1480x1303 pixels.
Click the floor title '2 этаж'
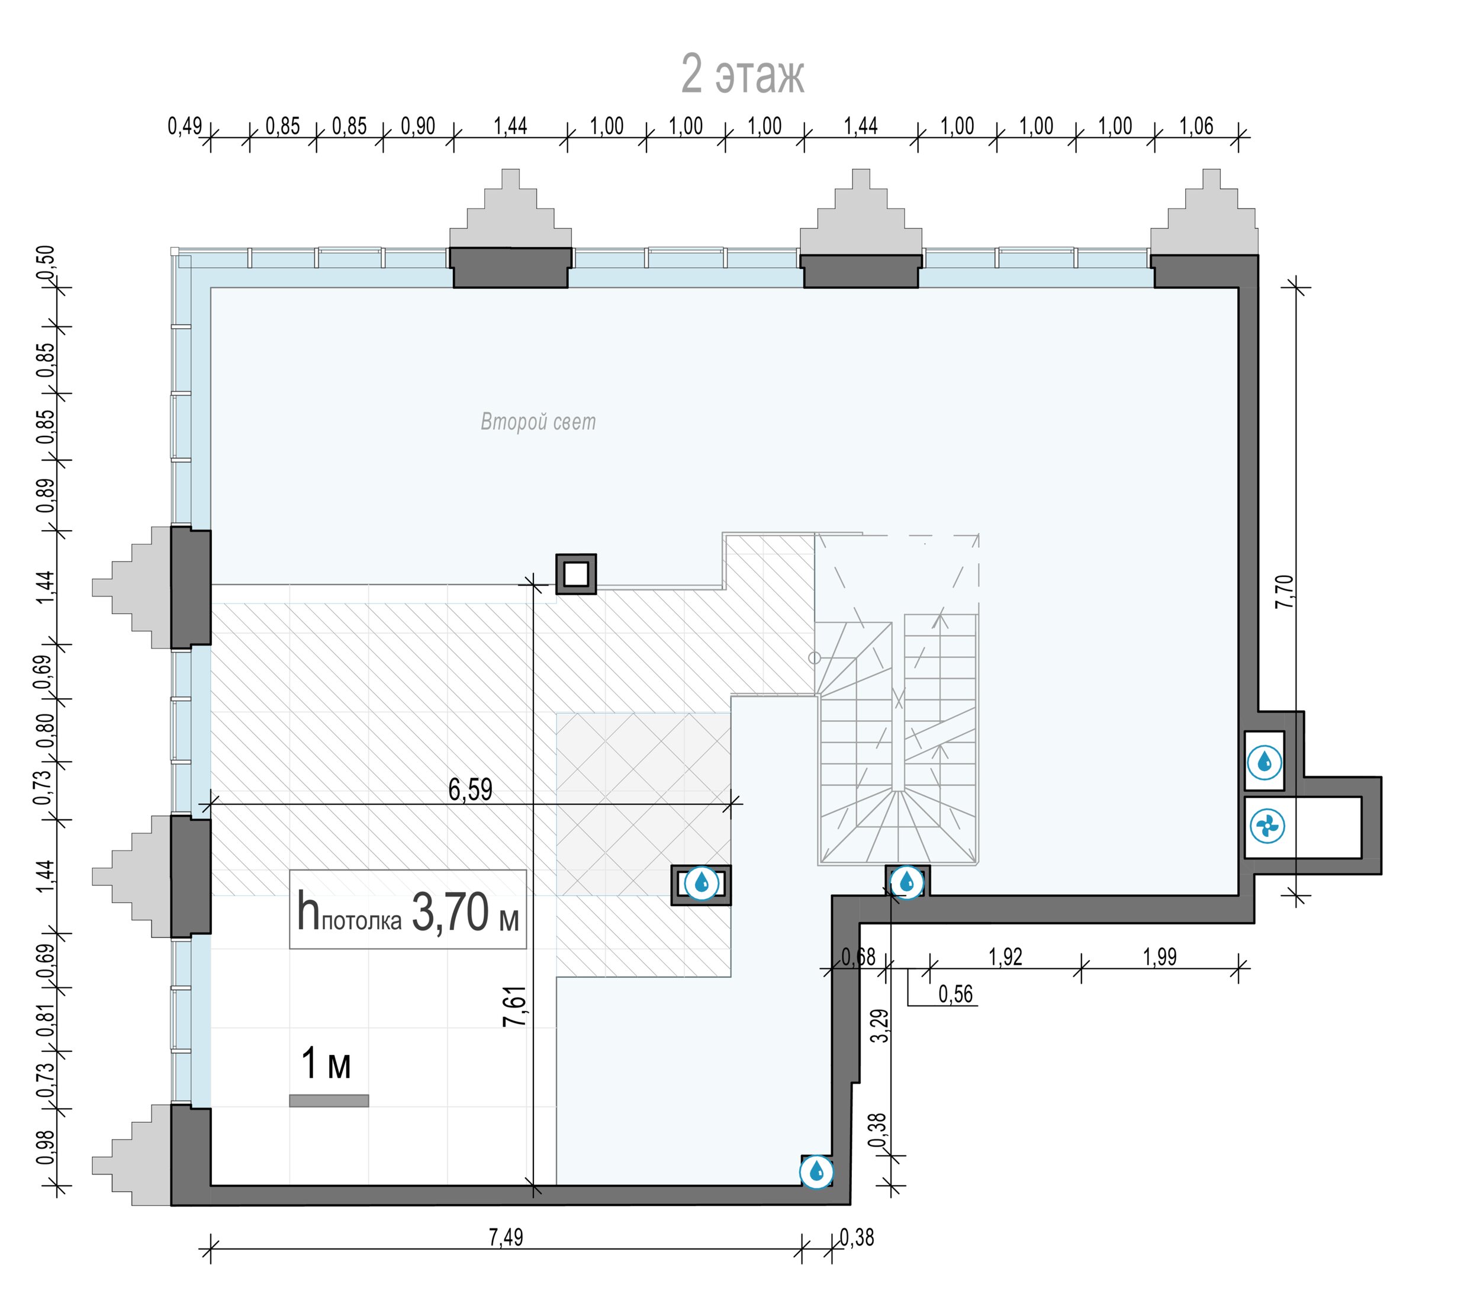tap(743, 74)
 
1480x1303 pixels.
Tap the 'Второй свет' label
tap(538, 422)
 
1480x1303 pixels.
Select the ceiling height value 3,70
tap(451, 912)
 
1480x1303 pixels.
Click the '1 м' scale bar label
tap(326, 1063)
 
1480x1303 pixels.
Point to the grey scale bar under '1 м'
tap(329, 1101)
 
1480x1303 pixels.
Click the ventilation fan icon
tap(1267, 826)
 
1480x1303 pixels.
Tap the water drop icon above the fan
tap(1265, 762)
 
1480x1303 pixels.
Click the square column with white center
tap(575, 575)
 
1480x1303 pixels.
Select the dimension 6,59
tap(470, 789)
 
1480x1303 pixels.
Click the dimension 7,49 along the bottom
tap(506, 1238)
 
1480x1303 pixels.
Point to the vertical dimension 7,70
tap(1284, 591)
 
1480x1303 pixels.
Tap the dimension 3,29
tap(880, 1026)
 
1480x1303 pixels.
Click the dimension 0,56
tap(955, 994)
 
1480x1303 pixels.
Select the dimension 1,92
tap(1005, 957)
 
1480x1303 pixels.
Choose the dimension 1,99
tap(1159, 957)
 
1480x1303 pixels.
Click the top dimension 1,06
tap(1195, 126)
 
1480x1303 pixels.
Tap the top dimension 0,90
tap(418, 126)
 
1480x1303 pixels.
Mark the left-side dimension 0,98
tap(46, 1147)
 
